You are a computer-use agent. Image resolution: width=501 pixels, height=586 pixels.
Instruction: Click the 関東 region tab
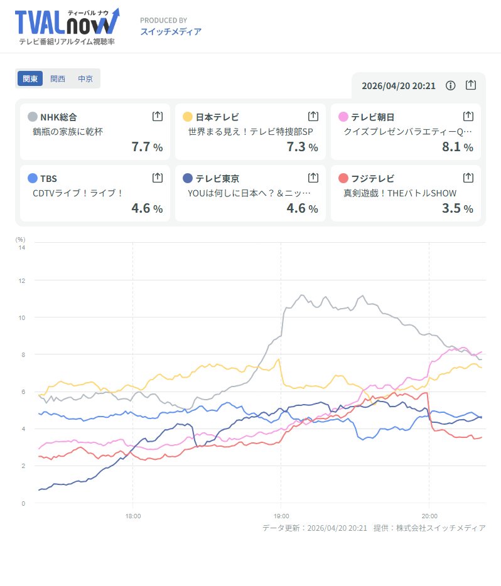click(30, 79)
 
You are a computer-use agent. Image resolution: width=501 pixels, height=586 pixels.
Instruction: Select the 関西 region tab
click(58, 79)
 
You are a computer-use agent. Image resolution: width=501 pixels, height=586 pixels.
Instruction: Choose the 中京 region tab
click(85, 79)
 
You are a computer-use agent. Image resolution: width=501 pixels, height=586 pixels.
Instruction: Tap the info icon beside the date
click(450, 85)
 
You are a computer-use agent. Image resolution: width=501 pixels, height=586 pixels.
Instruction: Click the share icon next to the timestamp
click(471, 85)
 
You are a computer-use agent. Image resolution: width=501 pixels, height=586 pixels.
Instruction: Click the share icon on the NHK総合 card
click(158, 116)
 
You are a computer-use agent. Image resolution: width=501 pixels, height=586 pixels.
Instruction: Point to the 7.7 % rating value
click(147, 147)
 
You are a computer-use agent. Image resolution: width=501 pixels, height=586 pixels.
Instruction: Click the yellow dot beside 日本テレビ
click(187, 117)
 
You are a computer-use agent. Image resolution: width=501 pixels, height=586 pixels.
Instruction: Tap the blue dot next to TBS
click(32, 178)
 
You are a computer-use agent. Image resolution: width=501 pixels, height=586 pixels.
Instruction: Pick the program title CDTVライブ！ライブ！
click(78, 193)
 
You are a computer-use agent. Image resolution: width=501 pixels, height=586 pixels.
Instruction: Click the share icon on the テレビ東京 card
click(313, 178)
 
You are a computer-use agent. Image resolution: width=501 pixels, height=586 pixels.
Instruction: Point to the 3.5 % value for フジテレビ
click(458, 208)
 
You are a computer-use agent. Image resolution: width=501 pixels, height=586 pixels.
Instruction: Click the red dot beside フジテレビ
click(343, 178)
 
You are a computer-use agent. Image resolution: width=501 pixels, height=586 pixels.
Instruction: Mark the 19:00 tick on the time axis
click(281, 516)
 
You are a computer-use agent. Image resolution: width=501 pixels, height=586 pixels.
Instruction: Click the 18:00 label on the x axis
click(132, 516)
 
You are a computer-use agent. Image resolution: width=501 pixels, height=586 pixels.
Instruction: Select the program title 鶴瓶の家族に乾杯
click(67, 132)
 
